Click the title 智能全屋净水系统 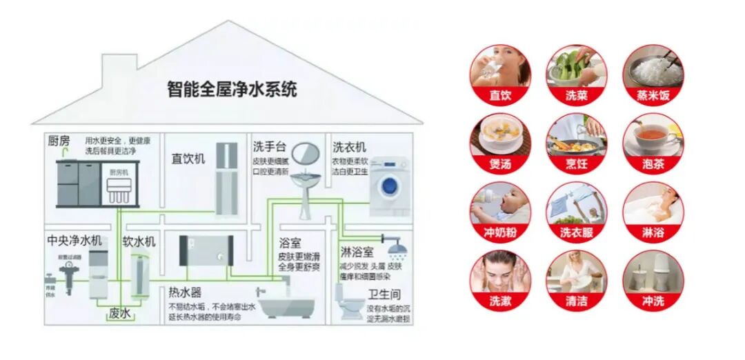232,89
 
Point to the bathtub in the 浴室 277,303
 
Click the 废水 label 119,313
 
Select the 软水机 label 139,241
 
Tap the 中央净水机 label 74,241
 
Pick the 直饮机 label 188,159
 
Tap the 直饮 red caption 500,95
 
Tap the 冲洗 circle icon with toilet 653,280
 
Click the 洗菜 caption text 577,95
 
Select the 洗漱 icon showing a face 500,280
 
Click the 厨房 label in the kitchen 59,141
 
